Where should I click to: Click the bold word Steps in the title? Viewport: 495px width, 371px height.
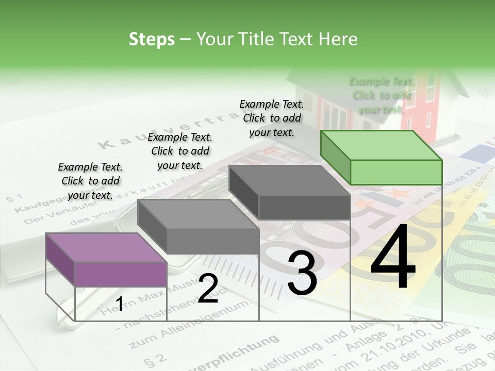(x=152, y=39)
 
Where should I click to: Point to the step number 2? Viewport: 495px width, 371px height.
(x=208, y=289)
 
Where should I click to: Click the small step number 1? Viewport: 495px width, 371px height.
(x=119, y=304)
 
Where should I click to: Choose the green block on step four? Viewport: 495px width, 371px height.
(x=382, y=158)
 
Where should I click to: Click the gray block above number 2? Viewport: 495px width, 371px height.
(x=199, y=227)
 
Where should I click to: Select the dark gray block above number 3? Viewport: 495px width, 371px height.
(x=290, y=192)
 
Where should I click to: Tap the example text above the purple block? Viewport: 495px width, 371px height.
(x=90, y=181)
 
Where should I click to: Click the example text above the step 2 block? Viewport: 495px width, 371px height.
(x=180, y=151)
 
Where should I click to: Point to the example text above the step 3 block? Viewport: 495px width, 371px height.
(x=272, y=118)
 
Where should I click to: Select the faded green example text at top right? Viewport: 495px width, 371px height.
(x=381, y=95)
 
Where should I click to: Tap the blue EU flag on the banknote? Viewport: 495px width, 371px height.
(x=477, y=153)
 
